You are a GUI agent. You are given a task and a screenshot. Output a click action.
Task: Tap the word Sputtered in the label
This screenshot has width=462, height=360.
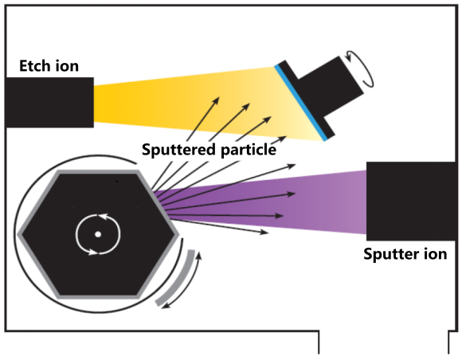pyautogui.click(x=178, y=150)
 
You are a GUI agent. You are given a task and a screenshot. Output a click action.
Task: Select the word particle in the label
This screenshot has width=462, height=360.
pyautogui.click(x=249, y=151)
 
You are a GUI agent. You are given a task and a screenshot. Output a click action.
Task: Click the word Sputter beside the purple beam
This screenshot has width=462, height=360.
pyautogui.click(x=387, y=254)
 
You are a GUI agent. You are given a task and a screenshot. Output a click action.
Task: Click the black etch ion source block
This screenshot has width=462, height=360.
pyautogui.click(x=49, y=103)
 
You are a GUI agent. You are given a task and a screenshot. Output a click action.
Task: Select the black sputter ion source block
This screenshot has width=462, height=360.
pyautogui.click(x=411, y=201)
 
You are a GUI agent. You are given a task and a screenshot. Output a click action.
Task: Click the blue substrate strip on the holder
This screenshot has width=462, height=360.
pyautogui.click(x=300, y=103)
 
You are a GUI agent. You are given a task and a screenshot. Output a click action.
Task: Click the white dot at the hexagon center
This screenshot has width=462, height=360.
pyautogui.click(x=98, y=234)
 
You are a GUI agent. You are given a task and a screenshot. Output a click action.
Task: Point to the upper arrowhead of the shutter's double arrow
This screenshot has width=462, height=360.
pyautogui.click(x=199, y=255)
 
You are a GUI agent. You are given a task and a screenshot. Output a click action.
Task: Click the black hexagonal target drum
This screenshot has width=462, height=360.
pyautogui.click(x=98, y=234)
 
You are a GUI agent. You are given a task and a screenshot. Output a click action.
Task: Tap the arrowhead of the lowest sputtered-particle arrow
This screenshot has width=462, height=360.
pyautogui.click(x=264, y=232)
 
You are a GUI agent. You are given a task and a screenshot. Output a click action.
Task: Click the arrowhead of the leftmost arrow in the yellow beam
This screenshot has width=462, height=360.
pyautogui.click(x=216, y=100)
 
